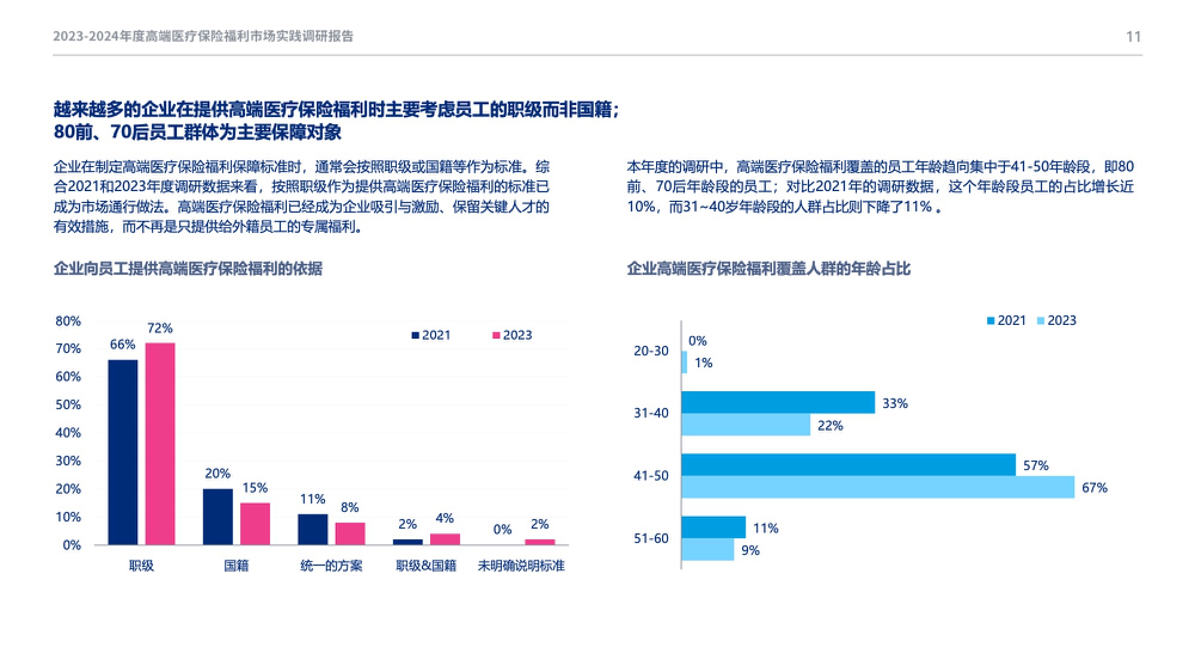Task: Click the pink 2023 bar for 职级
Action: [160, 443]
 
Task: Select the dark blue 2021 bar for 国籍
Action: [217, 517]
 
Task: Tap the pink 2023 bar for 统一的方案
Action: [350, 533]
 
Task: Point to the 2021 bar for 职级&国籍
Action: [407, 542]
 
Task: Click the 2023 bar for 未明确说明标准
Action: [540, 542]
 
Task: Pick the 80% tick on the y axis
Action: [68, 321]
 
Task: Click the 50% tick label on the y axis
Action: [68, 404]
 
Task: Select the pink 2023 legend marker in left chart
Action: [496, 335]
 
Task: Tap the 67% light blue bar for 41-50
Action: [877, 487]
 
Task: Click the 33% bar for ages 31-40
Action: [777, 403]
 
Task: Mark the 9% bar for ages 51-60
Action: [707, 550]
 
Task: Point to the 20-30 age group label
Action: [651, 351]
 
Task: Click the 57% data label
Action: [1035, 465]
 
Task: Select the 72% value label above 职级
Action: [160, 328]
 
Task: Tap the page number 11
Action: [1133, 37]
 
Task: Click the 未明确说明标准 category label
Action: [520, 566]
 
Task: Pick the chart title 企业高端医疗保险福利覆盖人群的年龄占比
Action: [768, 269]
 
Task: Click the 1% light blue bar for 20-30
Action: [685, 363]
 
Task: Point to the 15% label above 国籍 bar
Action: [255, 488]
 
